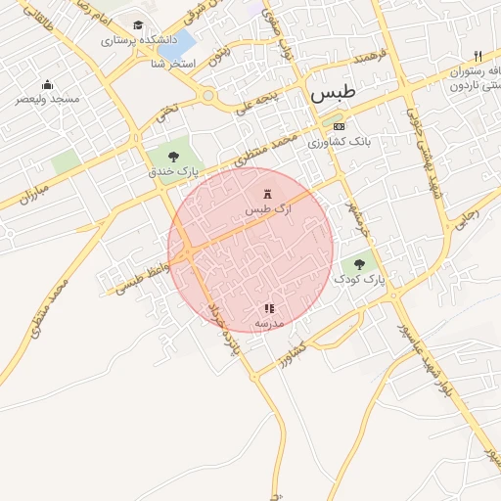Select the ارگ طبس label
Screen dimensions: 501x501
(x=268, y=210)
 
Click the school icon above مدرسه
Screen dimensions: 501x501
(x=269, y=308)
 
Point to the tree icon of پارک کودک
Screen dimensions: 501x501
(x=359, y=262)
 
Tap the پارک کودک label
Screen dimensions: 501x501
(x=360, y=279)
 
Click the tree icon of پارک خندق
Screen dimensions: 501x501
(x=173, y=155)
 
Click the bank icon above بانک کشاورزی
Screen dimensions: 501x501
(x=339, y=126)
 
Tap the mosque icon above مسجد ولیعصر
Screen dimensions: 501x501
(x=46, y=84)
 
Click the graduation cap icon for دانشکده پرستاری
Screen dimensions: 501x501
(x=138, y=25)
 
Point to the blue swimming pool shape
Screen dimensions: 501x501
(x=182, y=44)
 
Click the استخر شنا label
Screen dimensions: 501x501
(x=173, y=64)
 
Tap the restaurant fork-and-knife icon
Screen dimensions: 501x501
(x=478, y=56)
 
